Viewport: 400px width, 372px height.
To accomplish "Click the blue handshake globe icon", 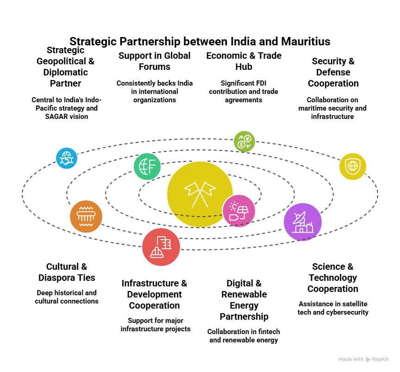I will coord(67,158).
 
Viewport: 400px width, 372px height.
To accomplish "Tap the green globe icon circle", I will coord(147,166).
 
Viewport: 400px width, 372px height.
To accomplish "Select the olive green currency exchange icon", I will coord(244,141).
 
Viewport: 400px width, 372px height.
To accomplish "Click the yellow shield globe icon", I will coord(353,166).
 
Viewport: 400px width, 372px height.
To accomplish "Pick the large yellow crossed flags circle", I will coord(200,194).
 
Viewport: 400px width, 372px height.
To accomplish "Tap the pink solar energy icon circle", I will coord(238,211).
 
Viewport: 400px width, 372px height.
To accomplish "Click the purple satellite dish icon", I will coord(303,222).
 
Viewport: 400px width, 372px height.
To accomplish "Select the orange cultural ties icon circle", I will coord(86,216).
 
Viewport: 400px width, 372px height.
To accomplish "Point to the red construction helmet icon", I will coord(161,247).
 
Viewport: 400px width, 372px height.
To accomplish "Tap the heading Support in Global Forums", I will coord(154,61).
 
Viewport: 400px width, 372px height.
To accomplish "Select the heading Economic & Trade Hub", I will coord(244,61).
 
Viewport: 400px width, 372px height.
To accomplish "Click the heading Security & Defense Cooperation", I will coord(333,72).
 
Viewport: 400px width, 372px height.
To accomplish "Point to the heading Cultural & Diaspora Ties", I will coord(67,272).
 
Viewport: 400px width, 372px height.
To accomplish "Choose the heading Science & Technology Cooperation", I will coord(333,278).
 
